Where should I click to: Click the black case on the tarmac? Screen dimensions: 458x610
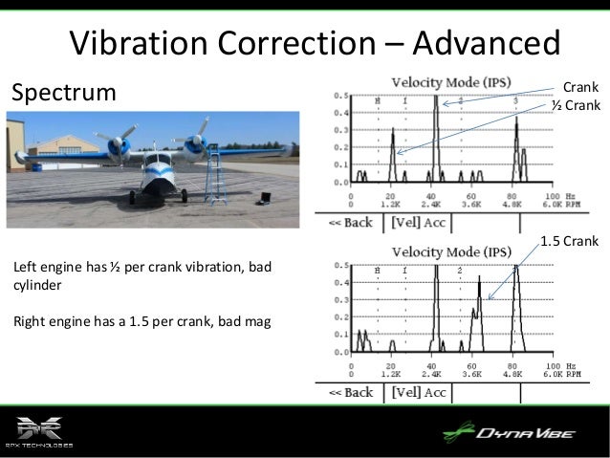point(261,199)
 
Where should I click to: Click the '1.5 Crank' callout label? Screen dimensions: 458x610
point(569,241)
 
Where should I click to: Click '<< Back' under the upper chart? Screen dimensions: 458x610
point(351,223)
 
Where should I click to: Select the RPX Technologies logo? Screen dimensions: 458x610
point(39,432)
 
